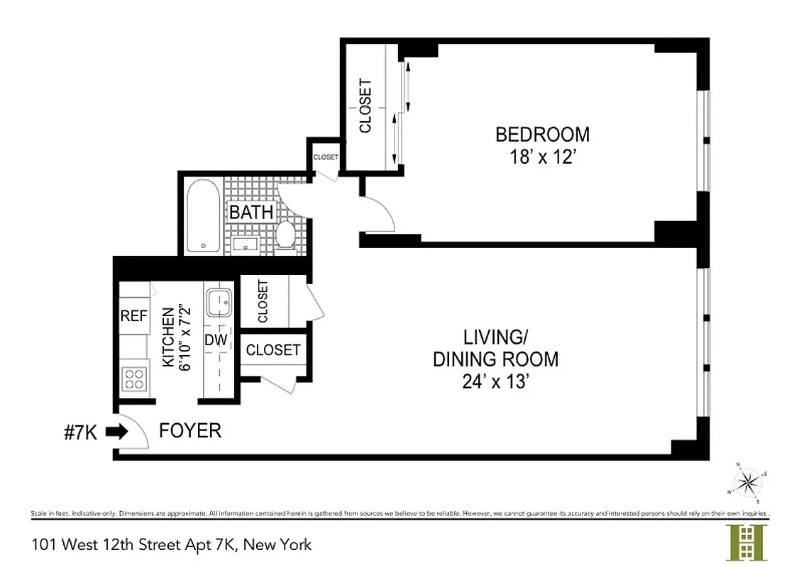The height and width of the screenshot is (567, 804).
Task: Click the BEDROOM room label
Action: tap(542, 134)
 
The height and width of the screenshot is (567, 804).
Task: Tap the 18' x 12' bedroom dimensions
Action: tap(542, 157)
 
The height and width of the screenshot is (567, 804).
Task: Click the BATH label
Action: tap(250, 212)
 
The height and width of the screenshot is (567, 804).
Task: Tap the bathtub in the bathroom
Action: tap(204, 216)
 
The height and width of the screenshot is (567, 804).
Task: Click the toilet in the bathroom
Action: tap(287, 235)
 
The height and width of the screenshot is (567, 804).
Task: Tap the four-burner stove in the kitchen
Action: tap(133, 378)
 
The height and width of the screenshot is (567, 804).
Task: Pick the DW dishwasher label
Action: tap(216, 340)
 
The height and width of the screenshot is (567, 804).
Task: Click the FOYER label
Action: tap(189, 430)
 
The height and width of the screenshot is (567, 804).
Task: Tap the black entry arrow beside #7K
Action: tap(117, 430)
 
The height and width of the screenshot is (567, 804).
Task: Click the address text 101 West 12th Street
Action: tap(171, 544)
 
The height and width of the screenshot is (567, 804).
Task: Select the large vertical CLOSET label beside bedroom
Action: tap(365, 106)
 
